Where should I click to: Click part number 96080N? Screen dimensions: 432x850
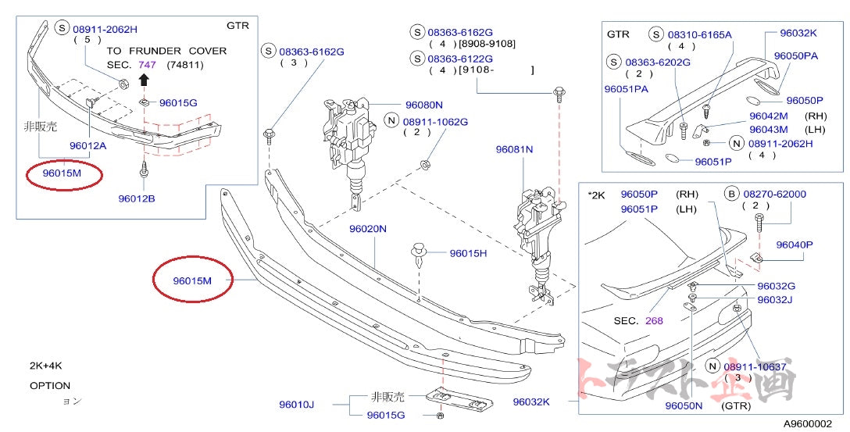tap(423, 105)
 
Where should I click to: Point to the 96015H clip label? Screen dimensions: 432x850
tap(467, 253)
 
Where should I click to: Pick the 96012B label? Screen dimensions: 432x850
tap(137, 198)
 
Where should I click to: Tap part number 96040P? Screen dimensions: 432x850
tap(795, 245)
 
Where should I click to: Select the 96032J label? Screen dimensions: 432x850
tap(775, 300)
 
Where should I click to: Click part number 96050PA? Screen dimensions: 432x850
tap(796, 56)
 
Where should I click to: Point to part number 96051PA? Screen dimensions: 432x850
tap(627, 90)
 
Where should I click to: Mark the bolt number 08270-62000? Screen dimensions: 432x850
tap(774, 194)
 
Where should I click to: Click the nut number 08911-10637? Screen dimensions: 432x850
tap(755, 366)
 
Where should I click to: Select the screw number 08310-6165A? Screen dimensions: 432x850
tap(699, 35)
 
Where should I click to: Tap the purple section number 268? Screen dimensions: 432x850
tap(654, 320)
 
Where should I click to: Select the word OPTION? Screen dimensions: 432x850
tap(50, 385)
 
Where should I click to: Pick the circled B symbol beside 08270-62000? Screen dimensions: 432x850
tap(731, 194)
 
